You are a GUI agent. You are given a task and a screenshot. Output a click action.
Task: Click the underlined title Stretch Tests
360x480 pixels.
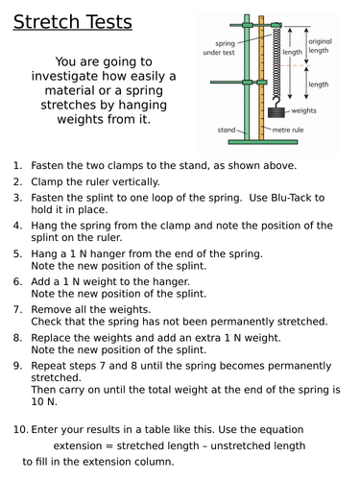point(73,22)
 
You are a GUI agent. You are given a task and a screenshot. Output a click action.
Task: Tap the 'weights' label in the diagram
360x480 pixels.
point(303,110)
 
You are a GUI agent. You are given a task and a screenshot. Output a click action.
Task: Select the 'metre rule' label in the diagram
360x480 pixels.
point(288,130)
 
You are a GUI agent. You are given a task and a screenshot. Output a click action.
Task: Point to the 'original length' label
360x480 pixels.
point(320,46)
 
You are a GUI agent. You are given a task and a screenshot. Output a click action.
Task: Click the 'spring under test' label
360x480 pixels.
point(219,48)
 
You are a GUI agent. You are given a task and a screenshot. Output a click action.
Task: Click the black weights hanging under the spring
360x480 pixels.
point(276,112)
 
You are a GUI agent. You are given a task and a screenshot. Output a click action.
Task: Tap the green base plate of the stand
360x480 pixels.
point(263,142)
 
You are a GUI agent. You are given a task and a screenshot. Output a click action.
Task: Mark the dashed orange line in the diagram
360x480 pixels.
point(295,65)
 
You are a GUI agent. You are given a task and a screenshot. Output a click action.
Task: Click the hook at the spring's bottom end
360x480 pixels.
point(276,103)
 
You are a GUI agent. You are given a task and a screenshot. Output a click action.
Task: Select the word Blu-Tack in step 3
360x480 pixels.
point(291,198)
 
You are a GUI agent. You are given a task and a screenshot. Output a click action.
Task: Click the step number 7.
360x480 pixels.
point(17,310)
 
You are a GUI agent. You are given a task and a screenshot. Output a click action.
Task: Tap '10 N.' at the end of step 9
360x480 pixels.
point(44,401)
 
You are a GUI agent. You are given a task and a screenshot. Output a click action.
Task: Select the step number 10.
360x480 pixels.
point(20,429)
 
